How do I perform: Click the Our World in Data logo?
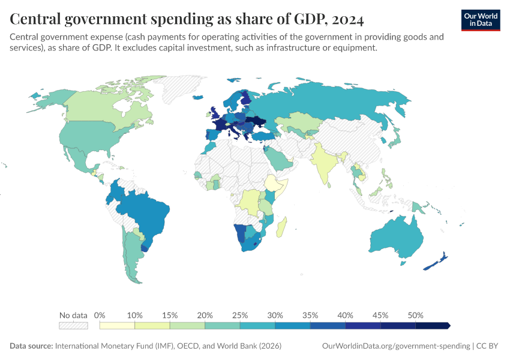(x=481, y=20)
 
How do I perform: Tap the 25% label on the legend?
(x=240, y=316)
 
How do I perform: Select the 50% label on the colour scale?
(x=415, y=316)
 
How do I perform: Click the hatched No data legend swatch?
(x=73, y=326)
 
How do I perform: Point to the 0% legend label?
(x=100, y=316)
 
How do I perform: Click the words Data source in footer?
(x=31, y=346)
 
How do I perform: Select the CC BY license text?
(x=487, y=346)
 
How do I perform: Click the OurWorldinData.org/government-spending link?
(x=396, y=346)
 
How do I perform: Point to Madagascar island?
(x=281, y=227)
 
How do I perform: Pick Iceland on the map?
(x=198, y=97)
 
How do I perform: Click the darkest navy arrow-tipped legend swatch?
(x=433, y=326)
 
